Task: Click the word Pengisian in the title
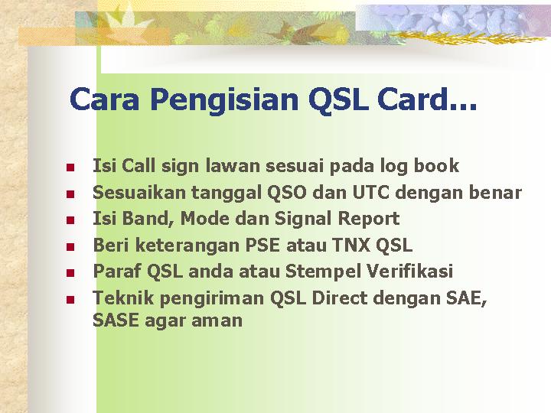(224, 100)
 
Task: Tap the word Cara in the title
(104, 99)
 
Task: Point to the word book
(436, 165)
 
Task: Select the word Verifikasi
(409, 271)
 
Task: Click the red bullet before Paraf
(70, 273)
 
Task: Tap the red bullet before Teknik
(70, 300)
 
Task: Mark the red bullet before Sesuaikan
(70, 193)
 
